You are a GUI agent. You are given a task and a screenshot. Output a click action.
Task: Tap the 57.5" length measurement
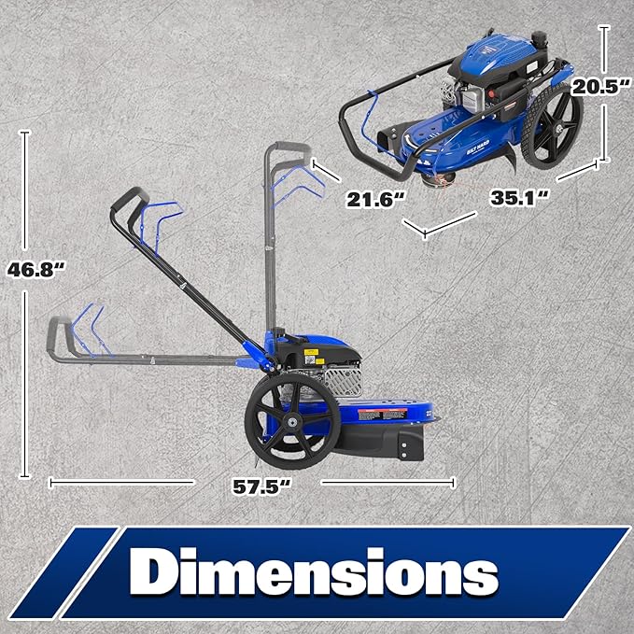[259, 486]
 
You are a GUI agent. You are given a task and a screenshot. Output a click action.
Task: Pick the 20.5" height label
[599, 87]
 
